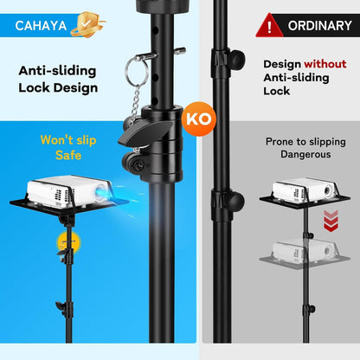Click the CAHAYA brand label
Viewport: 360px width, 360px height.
39,24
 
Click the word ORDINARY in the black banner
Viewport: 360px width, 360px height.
319,25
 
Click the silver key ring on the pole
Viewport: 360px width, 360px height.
136,68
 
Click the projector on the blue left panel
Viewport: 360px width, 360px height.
61,192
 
